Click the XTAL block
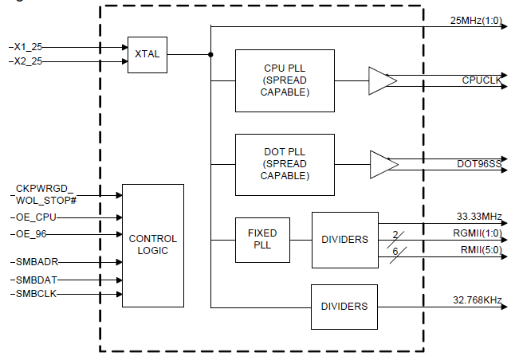click(x=147, y=55)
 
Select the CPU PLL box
click(x=285, y=80)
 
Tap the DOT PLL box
click(x=285, y=165)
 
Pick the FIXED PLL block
click(x=262, y=240)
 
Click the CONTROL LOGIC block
click(x=153, y=245)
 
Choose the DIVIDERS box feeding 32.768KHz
click(x=344, y=307)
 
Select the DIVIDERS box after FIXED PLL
click(x=345, y=240)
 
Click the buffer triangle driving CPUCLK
click(x=381, y=80)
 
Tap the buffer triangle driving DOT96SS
click(x=383, y=164)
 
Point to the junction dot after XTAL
click(x=210, y=54)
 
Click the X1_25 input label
click(x=28, y=47)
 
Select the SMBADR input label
click(x=37, y=262)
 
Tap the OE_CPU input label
click(x=36, y=217)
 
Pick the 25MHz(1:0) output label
click(x=476, y=21)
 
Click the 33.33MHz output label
click(x=479, y=217)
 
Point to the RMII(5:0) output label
click(x=482, y=250)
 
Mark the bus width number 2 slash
click(x=395, y=239)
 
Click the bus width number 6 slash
click(x=398, y=255)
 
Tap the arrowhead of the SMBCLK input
click(x=120, y=294)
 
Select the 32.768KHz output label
click(x=478, y=300)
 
